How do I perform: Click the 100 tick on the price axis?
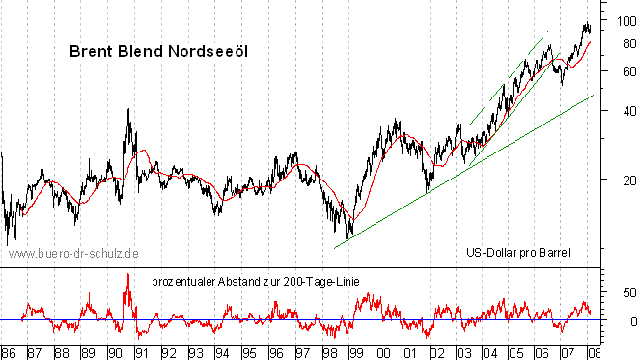[x=622, y=20]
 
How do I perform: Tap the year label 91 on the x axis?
[x=142, y=352]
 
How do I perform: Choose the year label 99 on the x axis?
[x=357, y=352]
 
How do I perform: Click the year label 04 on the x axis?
[x=491, y=352]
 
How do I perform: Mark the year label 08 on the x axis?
[x=593, y=352]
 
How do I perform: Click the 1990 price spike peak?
[x=128, y=110]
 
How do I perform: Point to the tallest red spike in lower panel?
[x=127, y=276]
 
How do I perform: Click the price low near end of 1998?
[x=348, y=237]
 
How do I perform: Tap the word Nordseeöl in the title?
[x=204, y=51]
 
